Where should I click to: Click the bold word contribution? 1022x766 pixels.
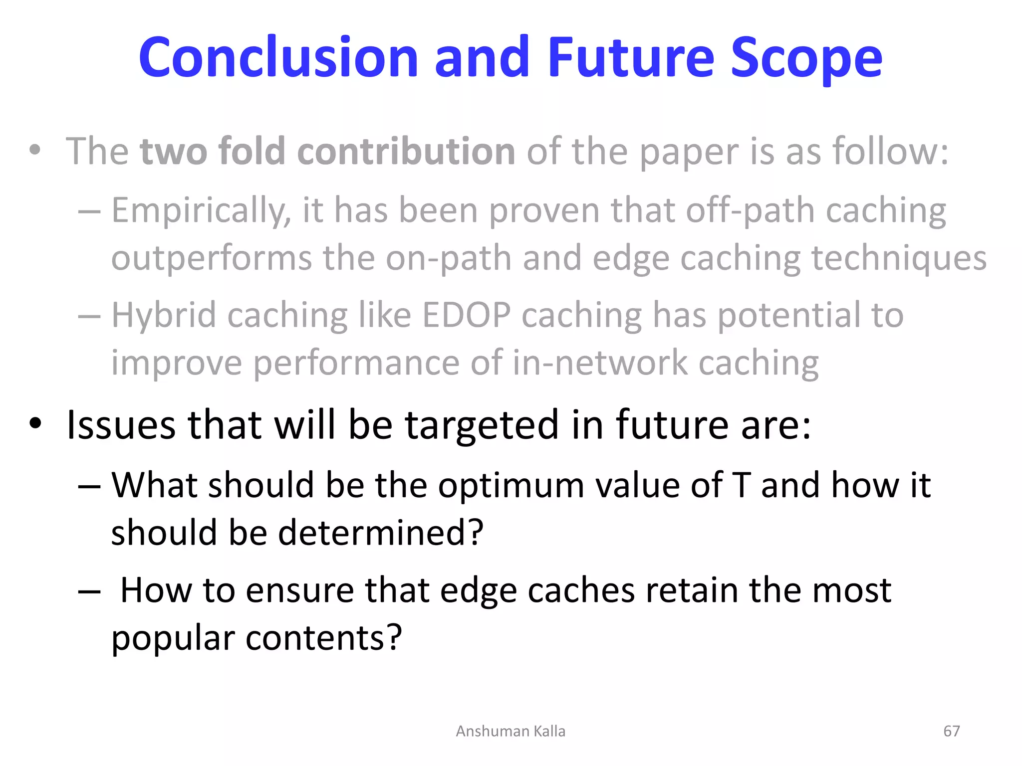tap(406, 151)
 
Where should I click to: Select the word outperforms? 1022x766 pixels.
tap(211, 259)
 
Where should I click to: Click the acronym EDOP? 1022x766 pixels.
tap(466, 315)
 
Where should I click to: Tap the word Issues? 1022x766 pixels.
tap(121, 425)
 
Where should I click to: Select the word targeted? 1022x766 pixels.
tap(482, 426)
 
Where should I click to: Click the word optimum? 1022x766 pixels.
tap(511, 486)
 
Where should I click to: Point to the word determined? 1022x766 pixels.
tap(380, 533)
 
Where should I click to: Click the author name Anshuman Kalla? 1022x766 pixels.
tap(511, 731)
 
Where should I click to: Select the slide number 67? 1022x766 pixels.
tap(951, 731)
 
